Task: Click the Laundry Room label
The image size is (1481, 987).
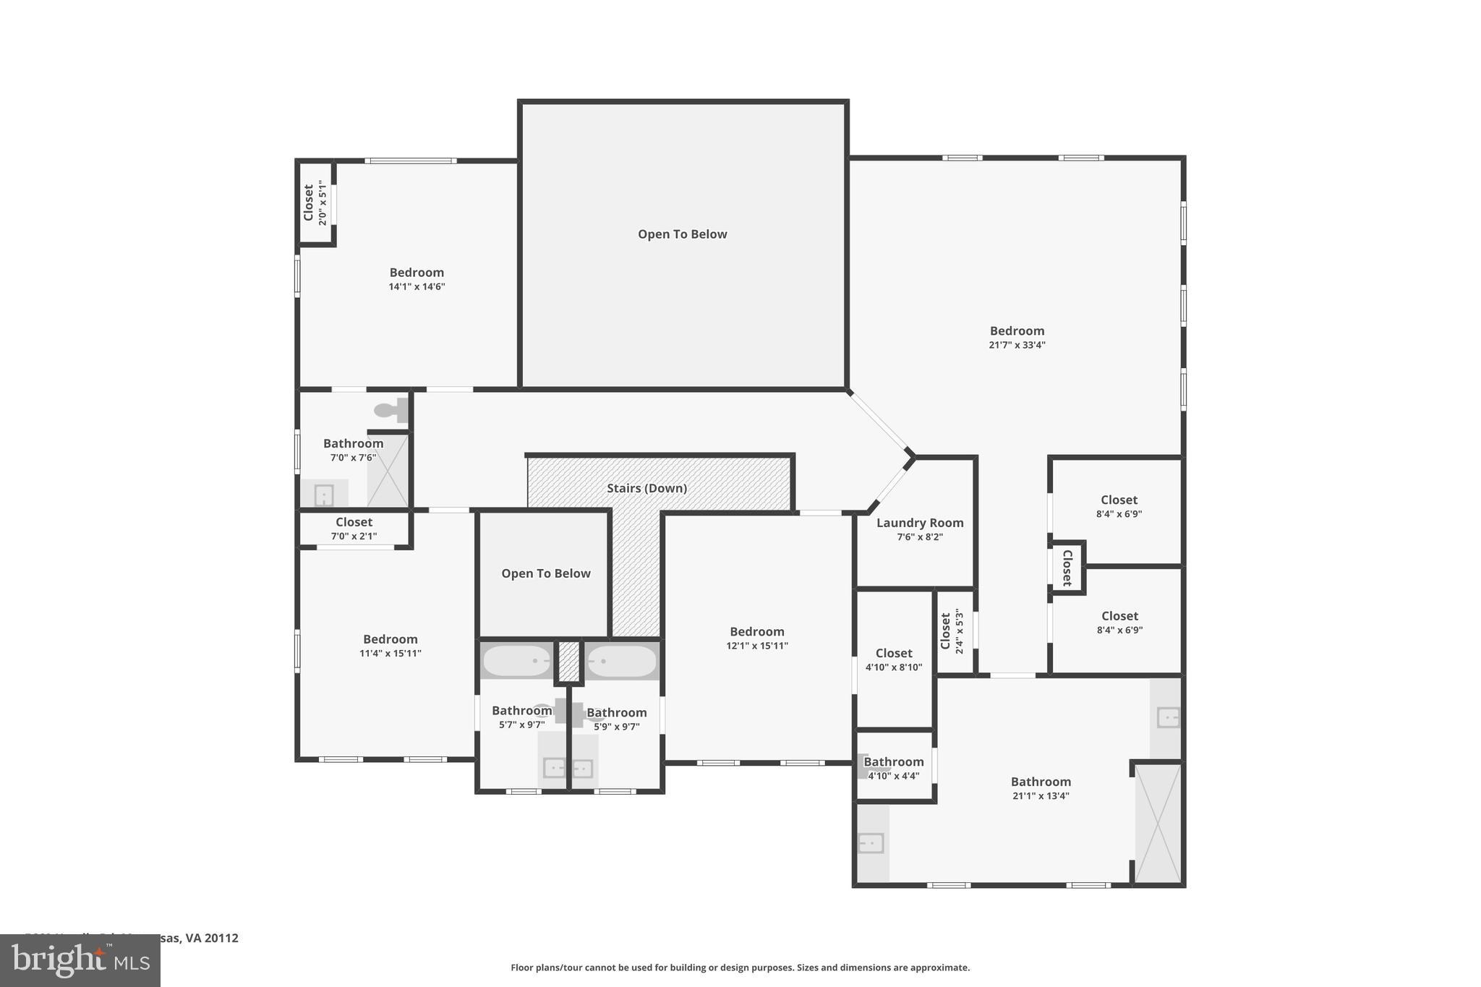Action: pyautogui.click(x=919, y=523)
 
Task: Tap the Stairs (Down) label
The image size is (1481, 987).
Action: pyautogui.click(x=646, y=488)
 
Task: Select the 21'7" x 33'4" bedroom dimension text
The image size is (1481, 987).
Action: pyautogui.click(x=1017, y=345)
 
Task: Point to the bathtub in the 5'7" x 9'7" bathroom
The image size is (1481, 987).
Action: pyautogui.click(x=516, y=661)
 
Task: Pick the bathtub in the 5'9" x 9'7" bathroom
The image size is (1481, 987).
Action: pyautogui.click(x=621, y=661)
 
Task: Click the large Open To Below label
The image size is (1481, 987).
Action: pyautogui.click(x=682, y=234)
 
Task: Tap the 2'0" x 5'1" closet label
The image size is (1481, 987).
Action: pyautogui.click(x=315, y=203)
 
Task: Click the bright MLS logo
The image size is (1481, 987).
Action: pyautogui.click(x=80, y=960)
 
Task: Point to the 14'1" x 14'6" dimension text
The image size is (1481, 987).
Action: pyautogui.click(x=417, y=287)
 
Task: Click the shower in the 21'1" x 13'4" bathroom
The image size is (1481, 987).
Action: pyautogui.click(x=1158, y=824)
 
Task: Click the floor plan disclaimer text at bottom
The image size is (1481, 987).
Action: pyautogui.click(x=740, y=967)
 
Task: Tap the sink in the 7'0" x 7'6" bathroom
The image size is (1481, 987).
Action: pyautogui.click(x=324, y=495)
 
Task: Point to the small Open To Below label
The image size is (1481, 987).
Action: pyautogui.click(x=546, y=573)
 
